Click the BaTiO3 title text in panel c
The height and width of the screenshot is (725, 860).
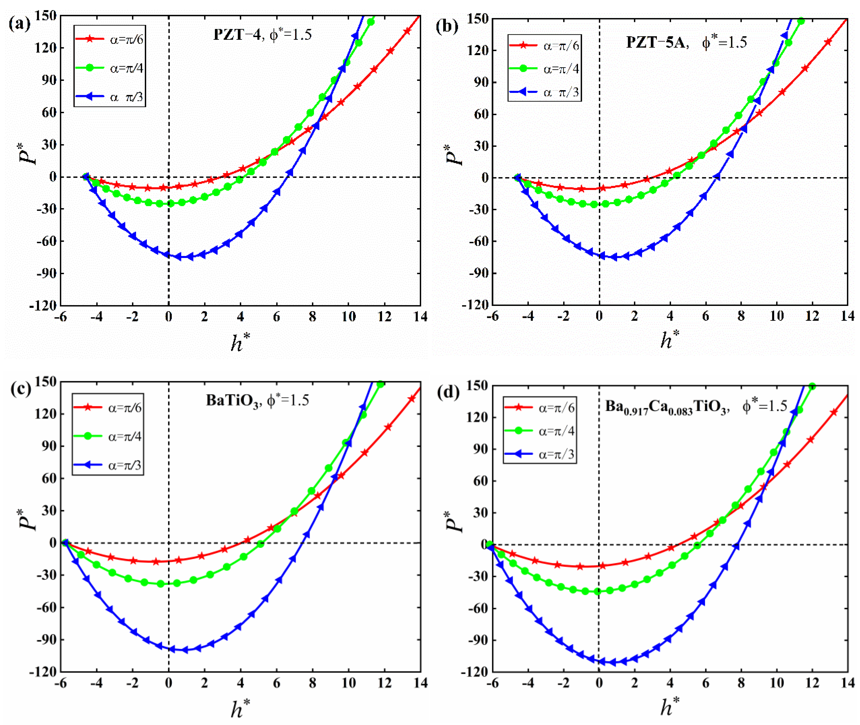point(232,401)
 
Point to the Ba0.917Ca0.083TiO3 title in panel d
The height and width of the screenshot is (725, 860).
point(666,408)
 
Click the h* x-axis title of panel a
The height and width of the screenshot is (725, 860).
point(240,342)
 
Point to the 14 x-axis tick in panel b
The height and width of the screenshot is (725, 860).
point(847,316)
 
